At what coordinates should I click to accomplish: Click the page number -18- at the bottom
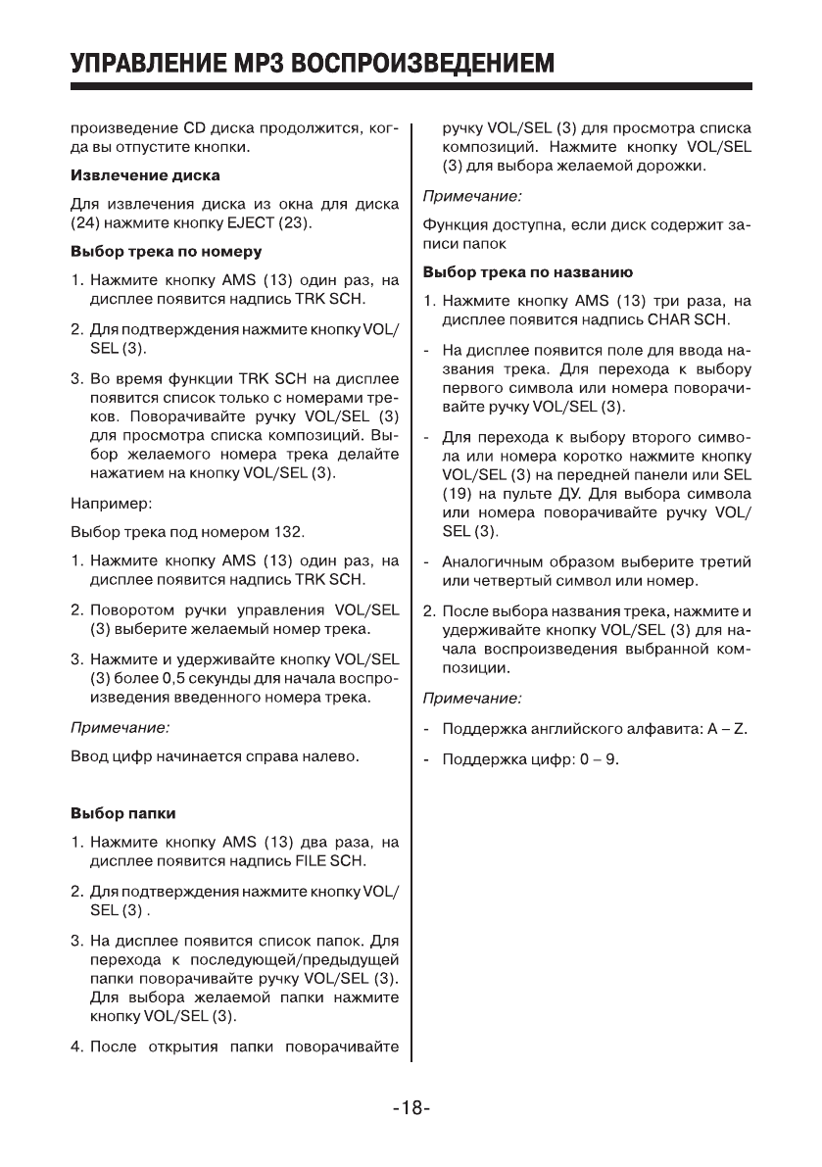pos(411,1110)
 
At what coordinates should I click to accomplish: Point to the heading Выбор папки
pos(123,813)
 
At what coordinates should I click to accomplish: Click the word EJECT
pos(287,222)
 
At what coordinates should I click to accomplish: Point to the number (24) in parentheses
pos(87,222)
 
